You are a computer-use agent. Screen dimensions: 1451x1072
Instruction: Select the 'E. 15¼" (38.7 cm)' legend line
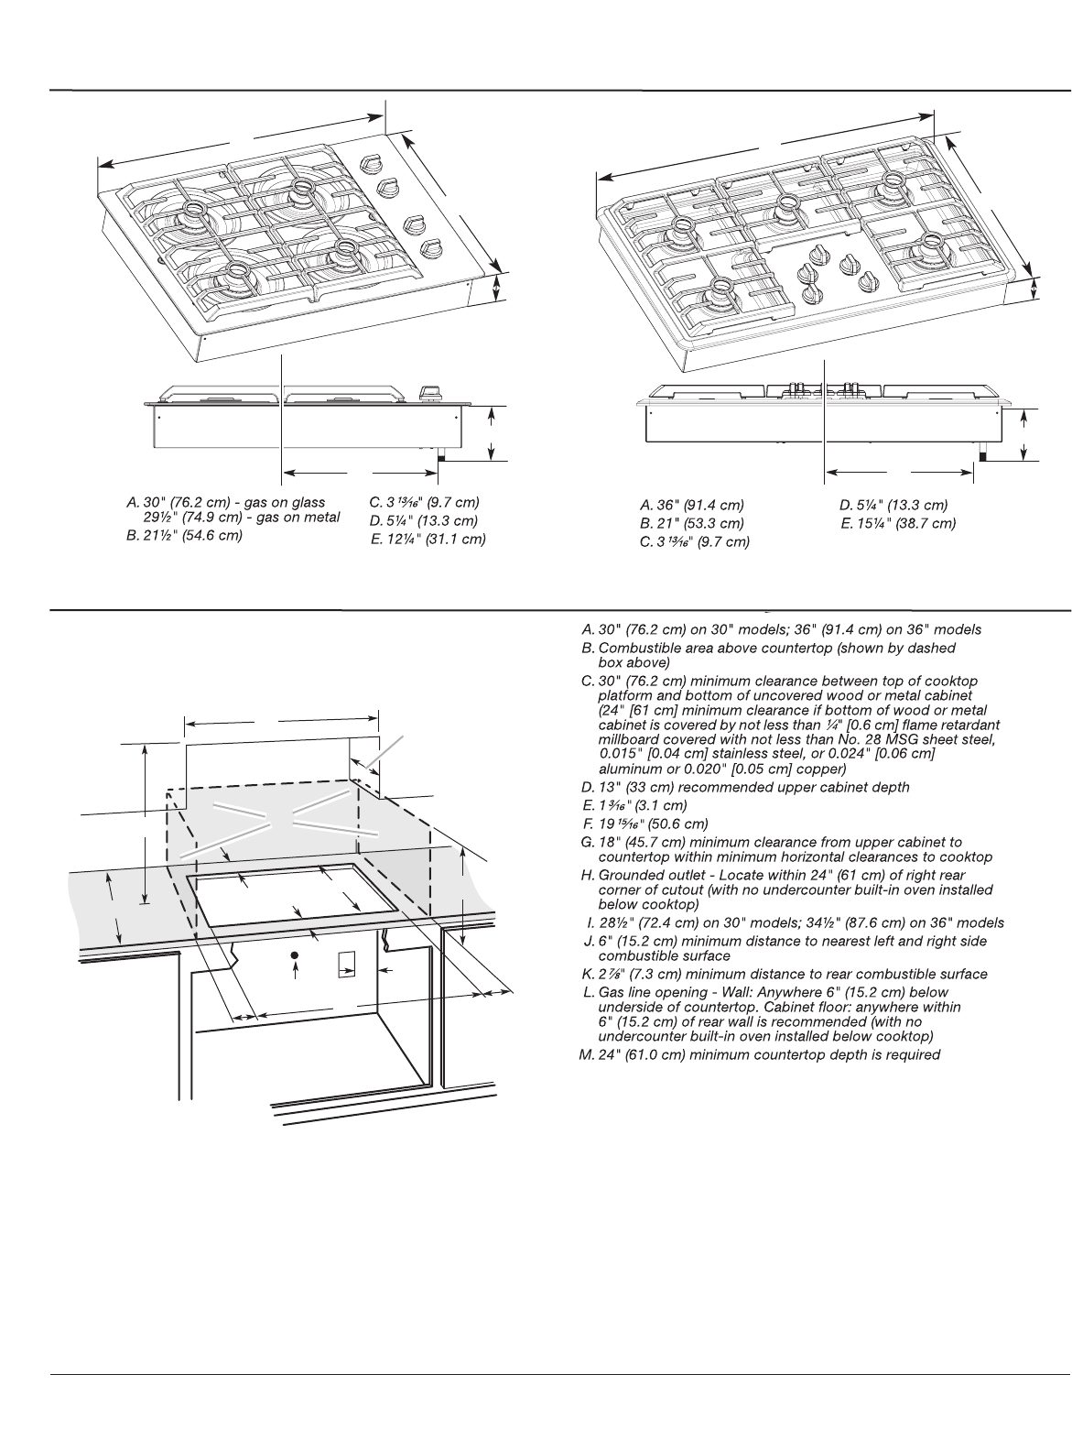click(x=897, y=524)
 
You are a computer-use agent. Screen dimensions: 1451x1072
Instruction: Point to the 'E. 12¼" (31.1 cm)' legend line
click(x=428, y=540)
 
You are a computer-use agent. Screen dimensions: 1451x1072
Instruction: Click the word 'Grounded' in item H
click(x=633, y=876)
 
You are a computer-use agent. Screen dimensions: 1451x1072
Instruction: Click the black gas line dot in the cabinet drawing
click(x=295, y=956)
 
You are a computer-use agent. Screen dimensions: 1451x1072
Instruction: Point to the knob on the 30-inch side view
click(x=428, y=393)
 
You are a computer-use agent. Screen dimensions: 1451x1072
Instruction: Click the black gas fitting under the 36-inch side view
click(x=983, y=453)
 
